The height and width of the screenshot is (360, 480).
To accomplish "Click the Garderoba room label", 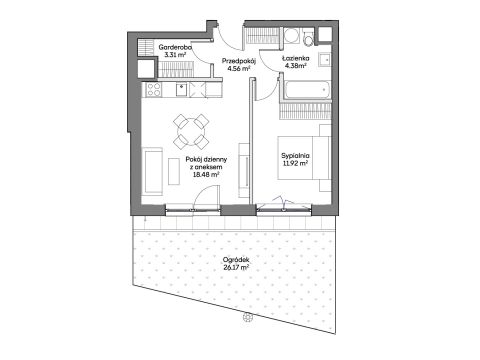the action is (x=175, y=47).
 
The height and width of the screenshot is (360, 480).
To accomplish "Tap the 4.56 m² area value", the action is (x=239, y=69).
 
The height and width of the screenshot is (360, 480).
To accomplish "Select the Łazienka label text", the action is (x=295, y=58).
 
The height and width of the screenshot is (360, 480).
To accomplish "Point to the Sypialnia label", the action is (x=295, y=156).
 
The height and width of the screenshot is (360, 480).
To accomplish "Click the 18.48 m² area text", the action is (x=206, y=174).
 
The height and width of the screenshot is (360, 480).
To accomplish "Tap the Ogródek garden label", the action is (x=236, y=260).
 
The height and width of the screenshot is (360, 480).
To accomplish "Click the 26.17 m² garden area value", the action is (x=236, y=267).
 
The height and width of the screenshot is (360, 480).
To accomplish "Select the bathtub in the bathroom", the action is (x=307, y=89).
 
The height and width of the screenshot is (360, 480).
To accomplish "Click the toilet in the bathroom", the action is (x=309, y=37).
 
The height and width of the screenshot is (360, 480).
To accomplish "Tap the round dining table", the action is (x=191, y=132).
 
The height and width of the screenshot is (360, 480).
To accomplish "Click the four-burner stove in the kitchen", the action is (x=154, y=89).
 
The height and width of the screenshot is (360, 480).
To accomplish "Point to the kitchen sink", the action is (x=181, y=90).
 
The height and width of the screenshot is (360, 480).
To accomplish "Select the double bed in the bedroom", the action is (x=304, y=158).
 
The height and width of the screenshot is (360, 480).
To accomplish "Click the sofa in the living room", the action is (x=153, y=171).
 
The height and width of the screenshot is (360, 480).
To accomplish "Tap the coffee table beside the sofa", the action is (x=174, y=171).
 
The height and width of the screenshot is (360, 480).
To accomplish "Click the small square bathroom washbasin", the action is (x=324, y=60).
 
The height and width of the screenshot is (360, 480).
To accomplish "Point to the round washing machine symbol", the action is (x=292, y=36).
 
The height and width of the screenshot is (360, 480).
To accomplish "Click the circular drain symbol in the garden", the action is (x=247, y=317).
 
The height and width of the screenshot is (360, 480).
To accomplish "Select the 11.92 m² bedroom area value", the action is (x=295, y=163).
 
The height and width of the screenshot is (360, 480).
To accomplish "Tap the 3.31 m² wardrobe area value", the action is (x=175, y=54).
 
